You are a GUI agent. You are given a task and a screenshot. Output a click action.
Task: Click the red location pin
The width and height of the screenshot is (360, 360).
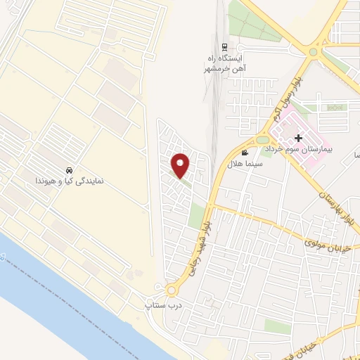click(181, 165)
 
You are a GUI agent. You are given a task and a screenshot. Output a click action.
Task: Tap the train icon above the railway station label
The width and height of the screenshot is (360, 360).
click(224, 47)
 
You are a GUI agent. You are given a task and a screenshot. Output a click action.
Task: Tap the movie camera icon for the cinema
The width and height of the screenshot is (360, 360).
click(245, 153)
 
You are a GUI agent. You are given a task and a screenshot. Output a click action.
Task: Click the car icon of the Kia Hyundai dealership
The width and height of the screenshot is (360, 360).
click(69, 171)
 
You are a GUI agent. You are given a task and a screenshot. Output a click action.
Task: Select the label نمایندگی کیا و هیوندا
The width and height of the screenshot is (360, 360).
click(70, 181)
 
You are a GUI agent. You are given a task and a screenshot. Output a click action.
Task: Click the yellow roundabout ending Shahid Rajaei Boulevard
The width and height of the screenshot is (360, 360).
click(172, 290)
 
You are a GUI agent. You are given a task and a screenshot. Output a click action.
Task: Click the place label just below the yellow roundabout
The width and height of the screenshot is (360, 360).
click(159, 305)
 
